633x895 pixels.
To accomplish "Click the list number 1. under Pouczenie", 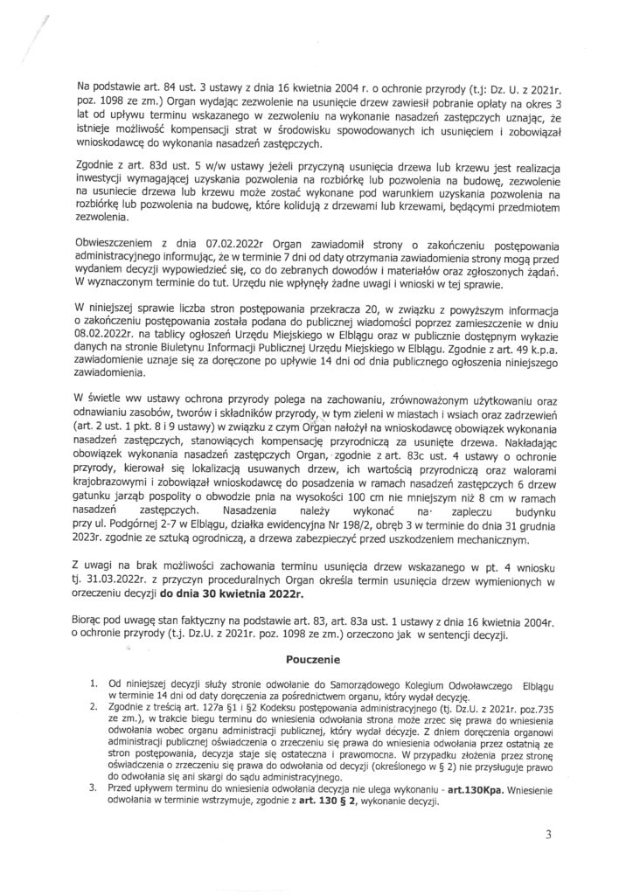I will coord(94,678).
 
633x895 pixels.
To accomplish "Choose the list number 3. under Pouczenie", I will coord(94,786).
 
